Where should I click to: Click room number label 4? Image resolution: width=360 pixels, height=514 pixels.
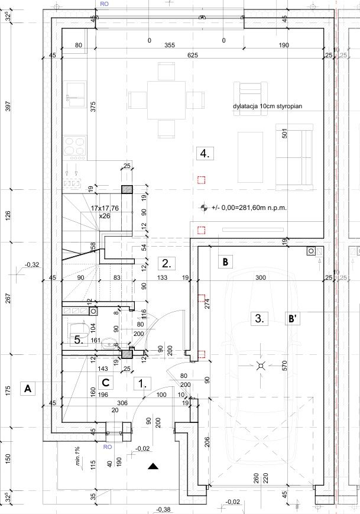click(x=205, y=153)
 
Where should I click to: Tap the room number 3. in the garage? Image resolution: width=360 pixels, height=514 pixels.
click(x=260, y=318)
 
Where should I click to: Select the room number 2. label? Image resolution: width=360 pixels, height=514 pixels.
click(x=167, y=263)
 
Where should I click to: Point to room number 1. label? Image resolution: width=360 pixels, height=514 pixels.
click(x=142, y=383)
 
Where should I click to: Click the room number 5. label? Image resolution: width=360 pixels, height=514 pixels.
click(x=79, y=340)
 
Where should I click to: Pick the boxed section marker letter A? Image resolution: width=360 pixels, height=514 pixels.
click(x=28, y=389)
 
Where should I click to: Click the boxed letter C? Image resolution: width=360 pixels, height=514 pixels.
click(x=106, y=383)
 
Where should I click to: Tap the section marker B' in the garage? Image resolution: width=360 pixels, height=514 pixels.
click(x=293, y=319)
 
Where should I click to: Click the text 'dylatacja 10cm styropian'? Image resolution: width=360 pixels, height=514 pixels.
click(x=268, y=106)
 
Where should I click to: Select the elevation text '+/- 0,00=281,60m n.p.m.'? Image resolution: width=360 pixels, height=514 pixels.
click(x=249, y=208)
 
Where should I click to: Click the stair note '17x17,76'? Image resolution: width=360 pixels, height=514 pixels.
click(x=105, y=208)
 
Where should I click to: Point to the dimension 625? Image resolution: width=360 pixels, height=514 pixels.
click(x=193, y=55)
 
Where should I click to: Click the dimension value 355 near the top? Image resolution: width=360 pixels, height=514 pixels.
click(x=170, y=45)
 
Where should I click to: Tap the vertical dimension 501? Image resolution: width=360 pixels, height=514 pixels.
click(x=284, y=134)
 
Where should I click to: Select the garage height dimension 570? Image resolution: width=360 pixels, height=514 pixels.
click(x=284, y=366)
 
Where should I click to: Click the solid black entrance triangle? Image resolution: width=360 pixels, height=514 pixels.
click(x=153, y=466)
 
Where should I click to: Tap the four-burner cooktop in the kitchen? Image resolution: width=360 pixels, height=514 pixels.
click(x=74, y=146)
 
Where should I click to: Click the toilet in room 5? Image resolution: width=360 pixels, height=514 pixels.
click(x=78, y=329)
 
